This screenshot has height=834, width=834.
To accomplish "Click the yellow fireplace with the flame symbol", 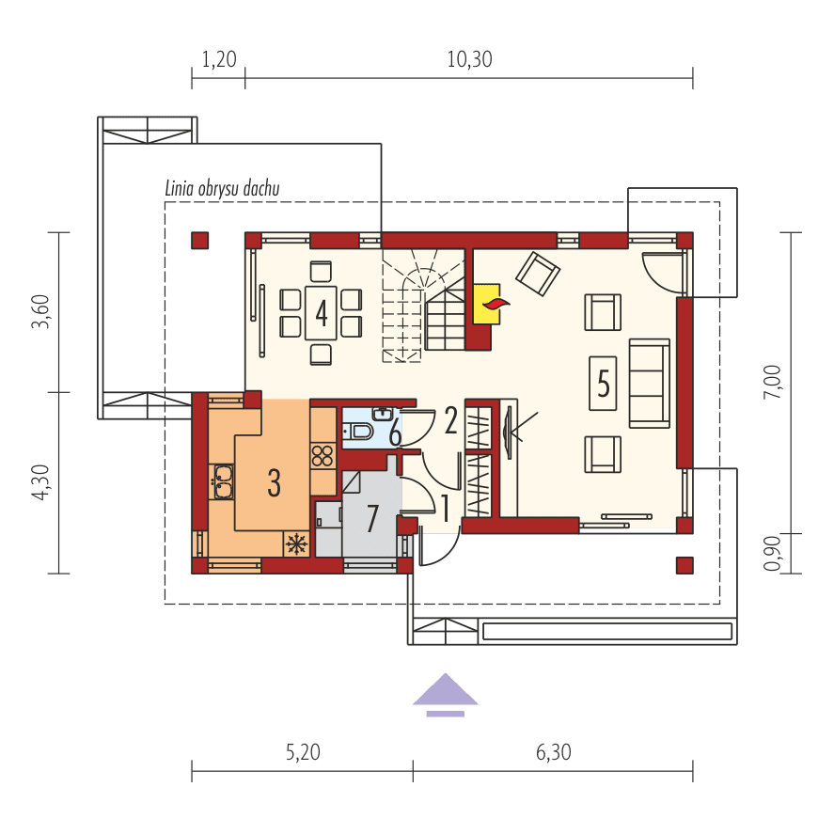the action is [x=486, y=305].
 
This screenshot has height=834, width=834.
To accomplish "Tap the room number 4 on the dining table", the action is [x=322, y=312].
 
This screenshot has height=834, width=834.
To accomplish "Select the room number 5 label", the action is [x=603, y=383].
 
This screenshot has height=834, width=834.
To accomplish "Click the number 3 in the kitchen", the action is [x=274, y=483].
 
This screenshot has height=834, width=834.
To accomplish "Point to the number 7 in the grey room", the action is [x=372, y=518].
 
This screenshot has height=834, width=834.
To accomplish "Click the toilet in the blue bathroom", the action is [x=358, y=431].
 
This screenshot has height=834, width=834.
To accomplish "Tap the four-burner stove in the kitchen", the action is [x=323, y=456].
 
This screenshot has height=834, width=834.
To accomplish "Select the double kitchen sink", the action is [x=224, y=481].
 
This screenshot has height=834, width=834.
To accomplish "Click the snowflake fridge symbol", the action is [x=296, y=544].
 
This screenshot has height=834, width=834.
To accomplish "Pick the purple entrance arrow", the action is [x=445, y=695].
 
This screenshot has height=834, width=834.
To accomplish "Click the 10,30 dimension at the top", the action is [x=470, y=59].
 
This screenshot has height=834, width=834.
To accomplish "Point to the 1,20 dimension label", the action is [x=219, y=59].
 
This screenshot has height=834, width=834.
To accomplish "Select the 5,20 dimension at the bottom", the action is [x=303, y=752].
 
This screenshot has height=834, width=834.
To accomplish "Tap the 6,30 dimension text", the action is [x=554, y=752].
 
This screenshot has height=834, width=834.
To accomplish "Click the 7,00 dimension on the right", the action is [x=772, y=382].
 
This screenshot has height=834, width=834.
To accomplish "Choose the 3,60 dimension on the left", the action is [x=40, y=311].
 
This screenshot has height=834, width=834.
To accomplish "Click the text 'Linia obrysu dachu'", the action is [x=222, y=188].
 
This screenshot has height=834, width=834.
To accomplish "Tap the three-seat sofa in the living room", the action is [x=650, y=383].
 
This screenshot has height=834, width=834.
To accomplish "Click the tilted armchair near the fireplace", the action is [x=538, y=274].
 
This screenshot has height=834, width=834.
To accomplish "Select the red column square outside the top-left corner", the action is [x=200, y=241].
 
